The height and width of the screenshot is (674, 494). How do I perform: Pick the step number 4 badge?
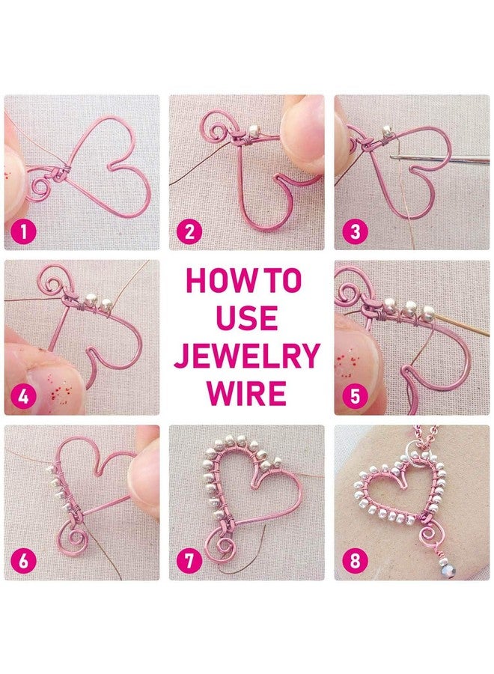coord(24,396)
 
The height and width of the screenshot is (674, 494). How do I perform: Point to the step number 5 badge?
coord(355,396)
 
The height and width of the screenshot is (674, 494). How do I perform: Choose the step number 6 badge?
coord(24,562)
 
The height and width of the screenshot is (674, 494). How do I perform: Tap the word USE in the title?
coord(246,318)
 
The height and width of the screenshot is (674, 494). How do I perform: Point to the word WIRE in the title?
coord(246,392)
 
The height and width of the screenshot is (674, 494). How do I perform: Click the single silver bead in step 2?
coord(255,129)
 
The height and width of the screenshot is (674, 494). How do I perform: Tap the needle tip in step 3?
coord(391,158)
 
